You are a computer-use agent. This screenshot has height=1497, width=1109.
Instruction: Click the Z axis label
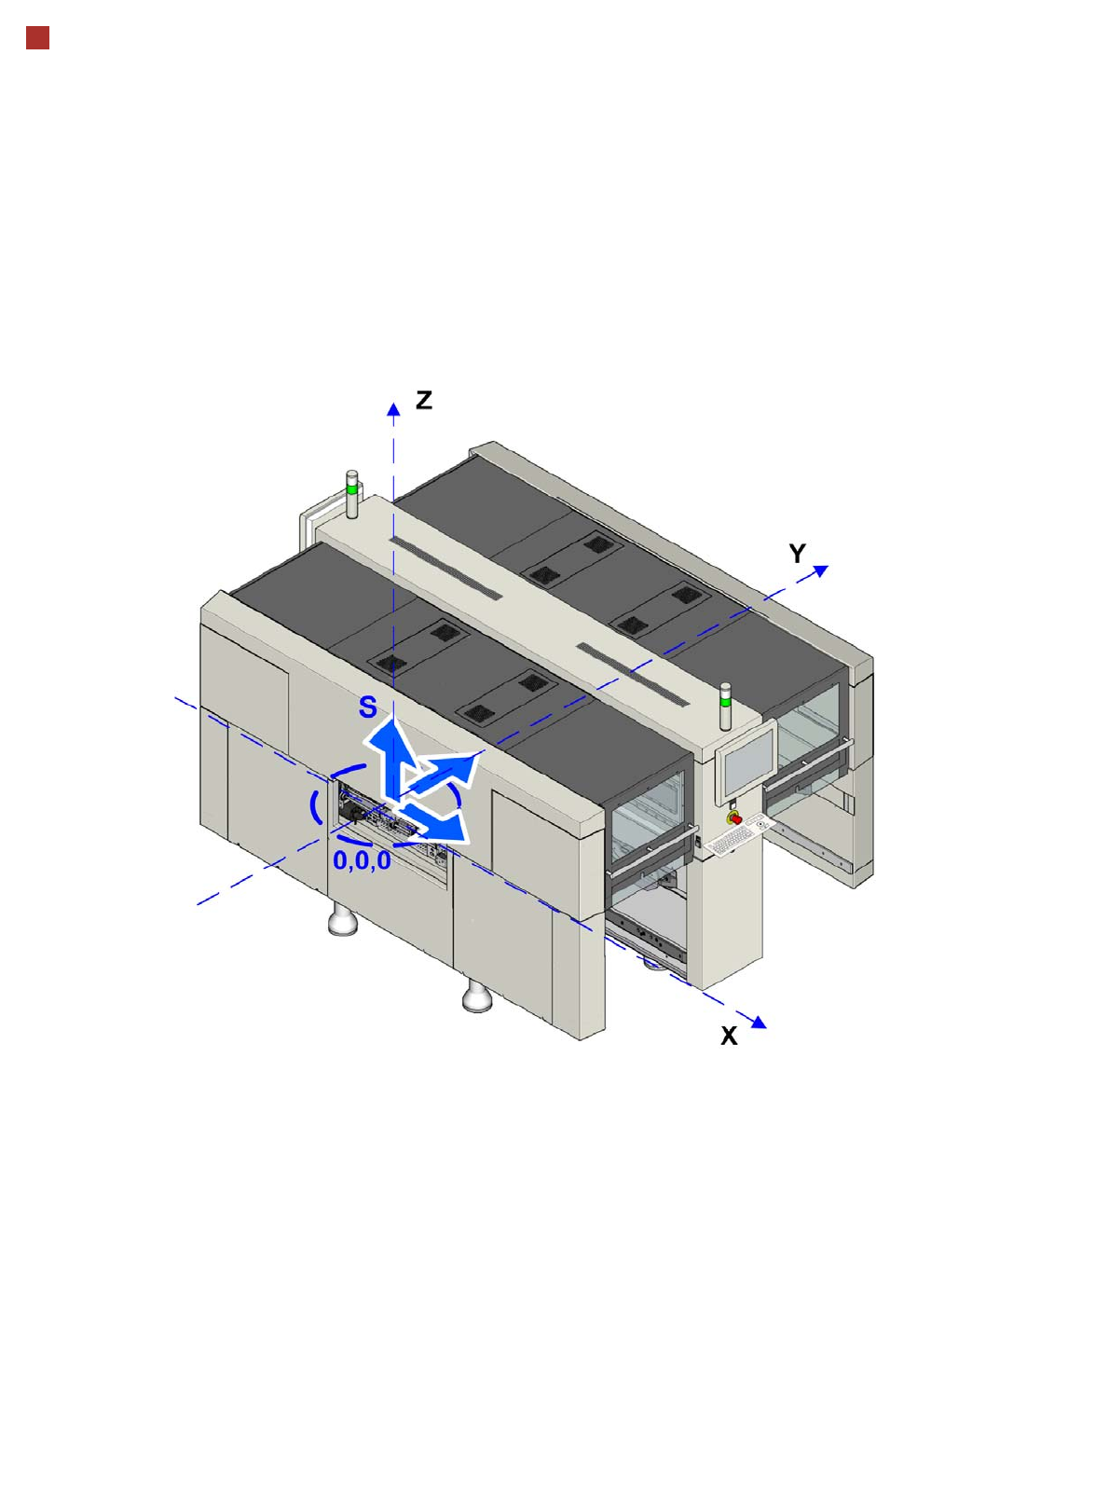423,400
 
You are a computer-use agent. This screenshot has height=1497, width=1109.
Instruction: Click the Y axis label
797,554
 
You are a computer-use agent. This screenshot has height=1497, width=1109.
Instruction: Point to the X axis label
729,1036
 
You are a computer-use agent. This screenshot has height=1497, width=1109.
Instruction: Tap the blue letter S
368,707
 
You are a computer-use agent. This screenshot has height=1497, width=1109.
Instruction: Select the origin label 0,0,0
362,860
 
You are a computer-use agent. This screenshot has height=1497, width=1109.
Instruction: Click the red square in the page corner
38,38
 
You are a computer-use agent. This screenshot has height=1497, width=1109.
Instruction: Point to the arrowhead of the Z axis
393,409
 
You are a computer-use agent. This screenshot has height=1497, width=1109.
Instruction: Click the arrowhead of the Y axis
821,571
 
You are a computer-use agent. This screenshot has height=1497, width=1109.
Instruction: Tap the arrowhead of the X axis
760,1023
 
